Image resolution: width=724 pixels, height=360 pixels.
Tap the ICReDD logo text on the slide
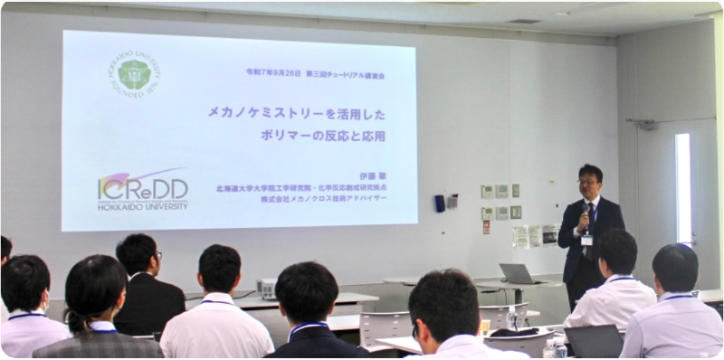tap(142, 187)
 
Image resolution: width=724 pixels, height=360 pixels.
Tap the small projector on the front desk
tap(267, 289)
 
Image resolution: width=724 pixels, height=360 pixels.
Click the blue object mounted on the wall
tap(439, 204)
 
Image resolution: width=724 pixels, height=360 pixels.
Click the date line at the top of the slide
tap(315, 75)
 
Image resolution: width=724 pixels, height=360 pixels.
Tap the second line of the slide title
tap(322, 137)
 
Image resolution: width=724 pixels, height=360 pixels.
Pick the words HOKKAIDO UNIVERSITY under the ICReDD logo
tap(142, 206)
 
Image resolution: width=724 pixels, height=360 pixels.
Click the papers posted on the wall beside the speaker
tap(535, 235)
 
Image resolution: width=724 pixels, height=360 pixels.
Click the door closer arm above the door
tap(643, 122)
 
